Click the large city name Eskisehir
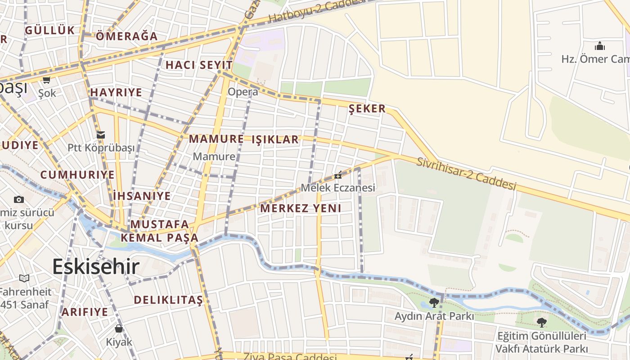96,267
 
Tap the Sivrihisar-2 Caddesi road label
466,174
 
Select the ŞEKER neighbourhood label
367,108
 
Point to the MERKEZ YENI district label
301,208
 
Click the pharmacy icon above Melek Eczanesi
337,175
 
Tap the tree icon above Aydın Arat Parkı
434,302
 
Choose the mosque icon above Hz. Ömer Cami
599,46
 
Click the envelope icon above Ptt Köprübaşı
101,135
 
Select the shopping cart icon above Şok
46,80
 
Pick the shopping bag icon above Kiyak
119,328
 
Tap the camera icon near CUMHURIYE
19,199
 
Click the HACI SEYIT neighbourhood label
199,65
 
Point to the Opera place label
243,92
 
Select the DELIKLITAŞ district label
168,300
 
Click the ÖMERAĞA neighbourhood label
127,36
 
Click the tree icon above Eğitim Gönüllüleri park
541,322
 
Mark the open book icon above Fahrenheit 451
24,279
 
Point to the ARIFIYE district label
85,312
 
